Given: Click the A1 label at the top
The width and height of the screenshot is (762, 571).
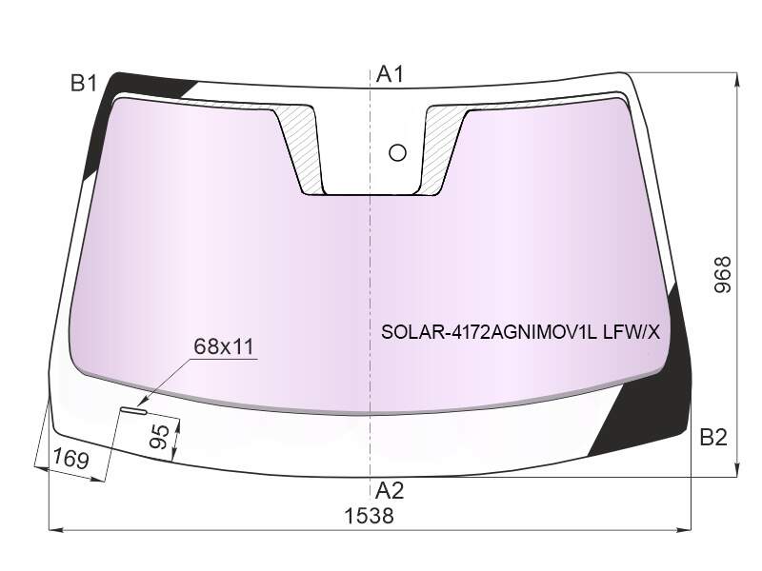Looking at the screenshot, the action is (391, 75).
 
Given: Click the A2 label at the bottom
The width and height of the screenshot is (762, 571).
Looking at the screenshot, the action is (390, 491).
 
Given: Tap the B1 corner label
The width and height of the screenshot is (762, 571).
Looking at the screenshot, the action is (84, 84).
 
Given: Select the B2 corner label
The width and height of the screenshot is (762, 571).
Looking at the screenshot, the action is (713, 438).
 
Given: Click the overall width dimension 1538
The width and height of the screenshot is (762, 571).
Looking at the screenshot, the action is (369, 516).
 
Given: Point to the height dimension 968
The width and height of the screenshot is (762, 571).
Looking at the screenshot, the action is (723, 275).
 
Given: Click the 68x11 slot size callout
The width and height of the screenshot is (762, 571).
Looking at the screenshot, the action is (224, 346).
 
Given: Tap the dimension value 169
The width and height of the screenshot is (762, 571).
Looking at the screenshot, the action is (70, 459).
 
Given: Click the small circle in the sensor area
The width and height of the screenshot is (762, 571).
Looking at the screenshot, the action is (397, 153).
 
